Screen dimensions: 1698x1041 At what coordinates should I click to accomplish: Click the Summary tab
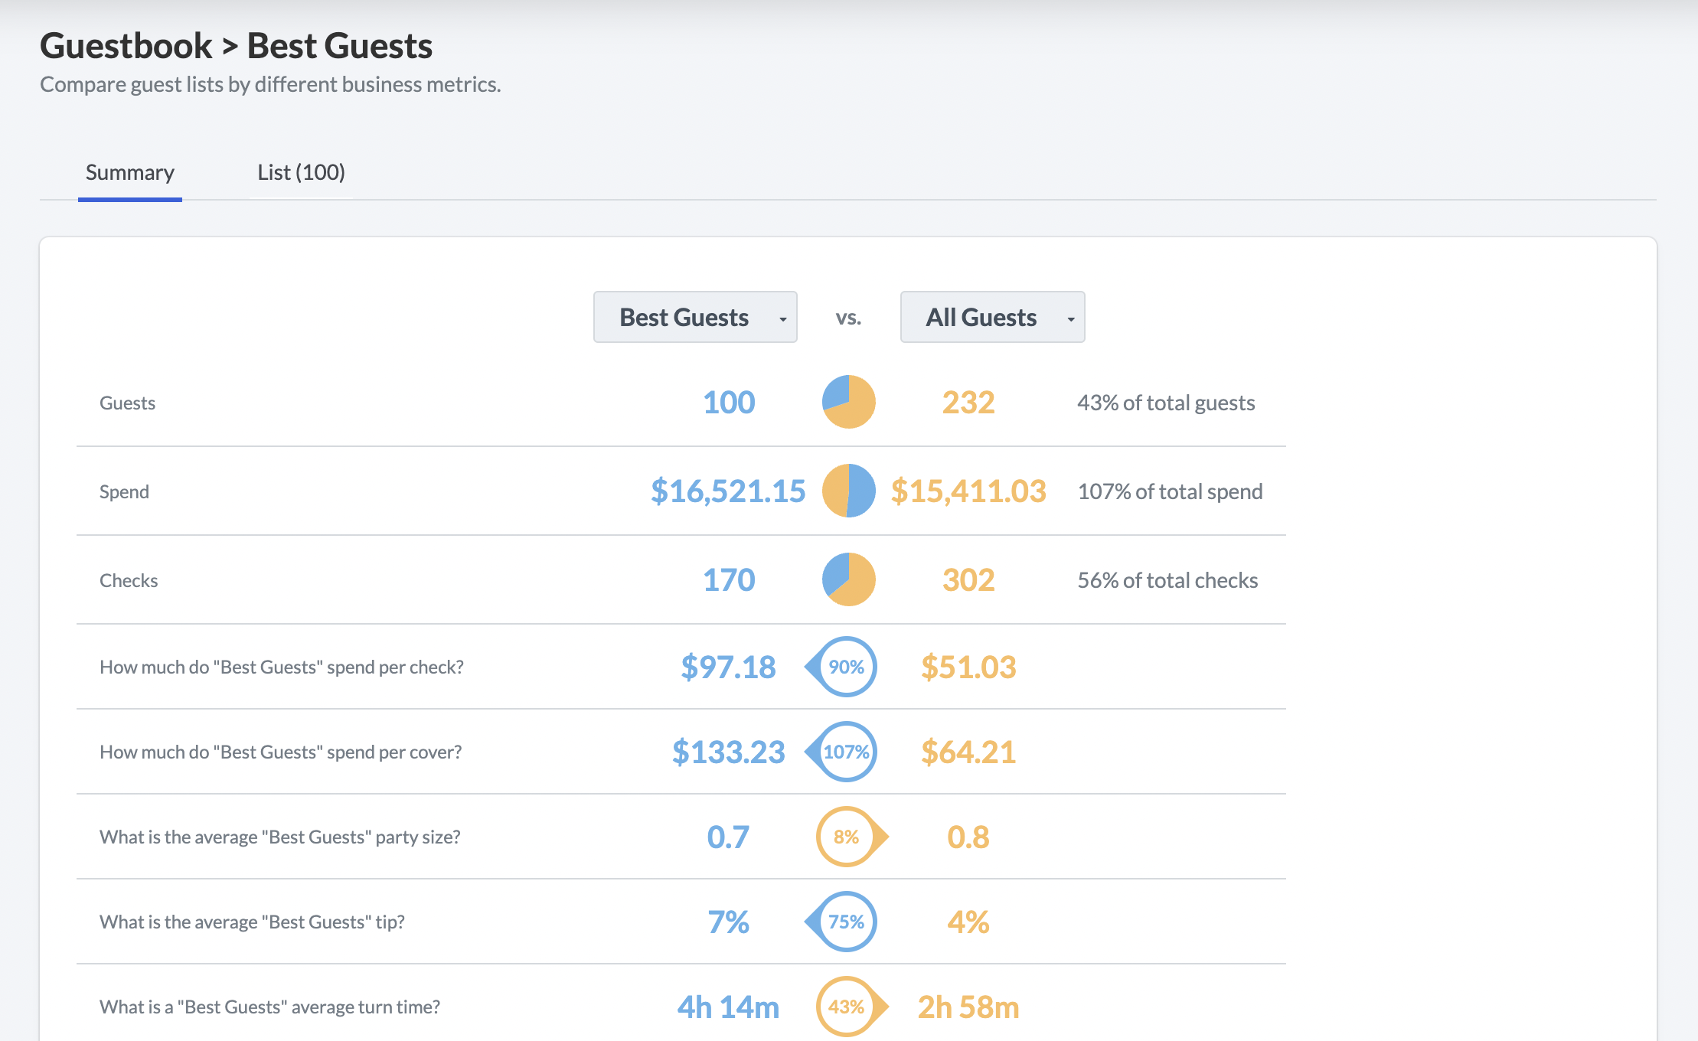pos(130,173)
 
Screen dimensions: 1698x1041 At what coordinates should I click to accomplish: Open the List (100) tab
pos(301,173)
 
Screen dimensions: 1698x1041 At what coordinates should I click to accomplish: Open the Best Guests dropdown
pos(695,317)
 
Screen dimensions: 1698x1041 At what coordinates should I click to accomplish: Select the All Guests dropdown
pos(992,317)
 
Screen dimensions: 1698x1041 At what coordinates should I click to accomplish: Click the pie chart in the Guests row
pos(848,402)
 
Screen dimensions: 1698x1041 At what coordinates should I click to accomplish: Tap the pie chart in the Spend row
pos(848,491)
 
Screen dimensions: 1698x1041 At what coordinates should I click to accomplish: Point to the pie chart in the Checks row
pos(848,579)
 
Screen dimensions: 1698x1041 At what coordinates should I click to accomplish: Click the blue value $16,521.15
pos(728,491)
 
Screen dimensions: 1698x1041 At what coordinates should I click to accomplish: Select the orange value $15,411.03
pos(968,491)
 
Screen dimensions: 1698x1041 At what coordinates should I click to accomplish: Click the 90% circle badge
pos(841,667)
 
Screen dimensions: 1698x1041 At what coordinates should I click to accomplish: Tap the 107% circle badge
pos(841,752)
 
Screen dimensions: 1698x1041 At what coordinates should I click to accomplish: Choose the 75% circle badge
pos(841,922)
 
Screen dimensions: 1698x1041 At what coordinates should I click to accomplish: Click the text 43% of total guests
pos(1166,403)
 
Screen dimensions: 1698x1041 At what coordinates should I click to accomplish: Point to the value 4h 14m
pos(728,1007)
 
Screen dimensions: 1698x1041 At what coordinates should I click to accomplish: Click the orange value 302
pos(968,580)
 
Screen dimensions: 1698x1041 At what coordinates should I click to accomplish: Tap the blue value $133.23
pos(728,752)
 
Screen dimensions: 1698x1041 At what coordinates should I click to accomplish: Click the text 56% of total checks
pos(1167,580)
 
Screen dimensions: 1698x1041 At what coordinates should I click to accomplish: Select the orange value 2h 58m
pos(968,1007)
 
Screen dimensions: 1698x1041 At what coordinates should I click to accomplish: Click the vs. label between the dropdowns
pos(848,318)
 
